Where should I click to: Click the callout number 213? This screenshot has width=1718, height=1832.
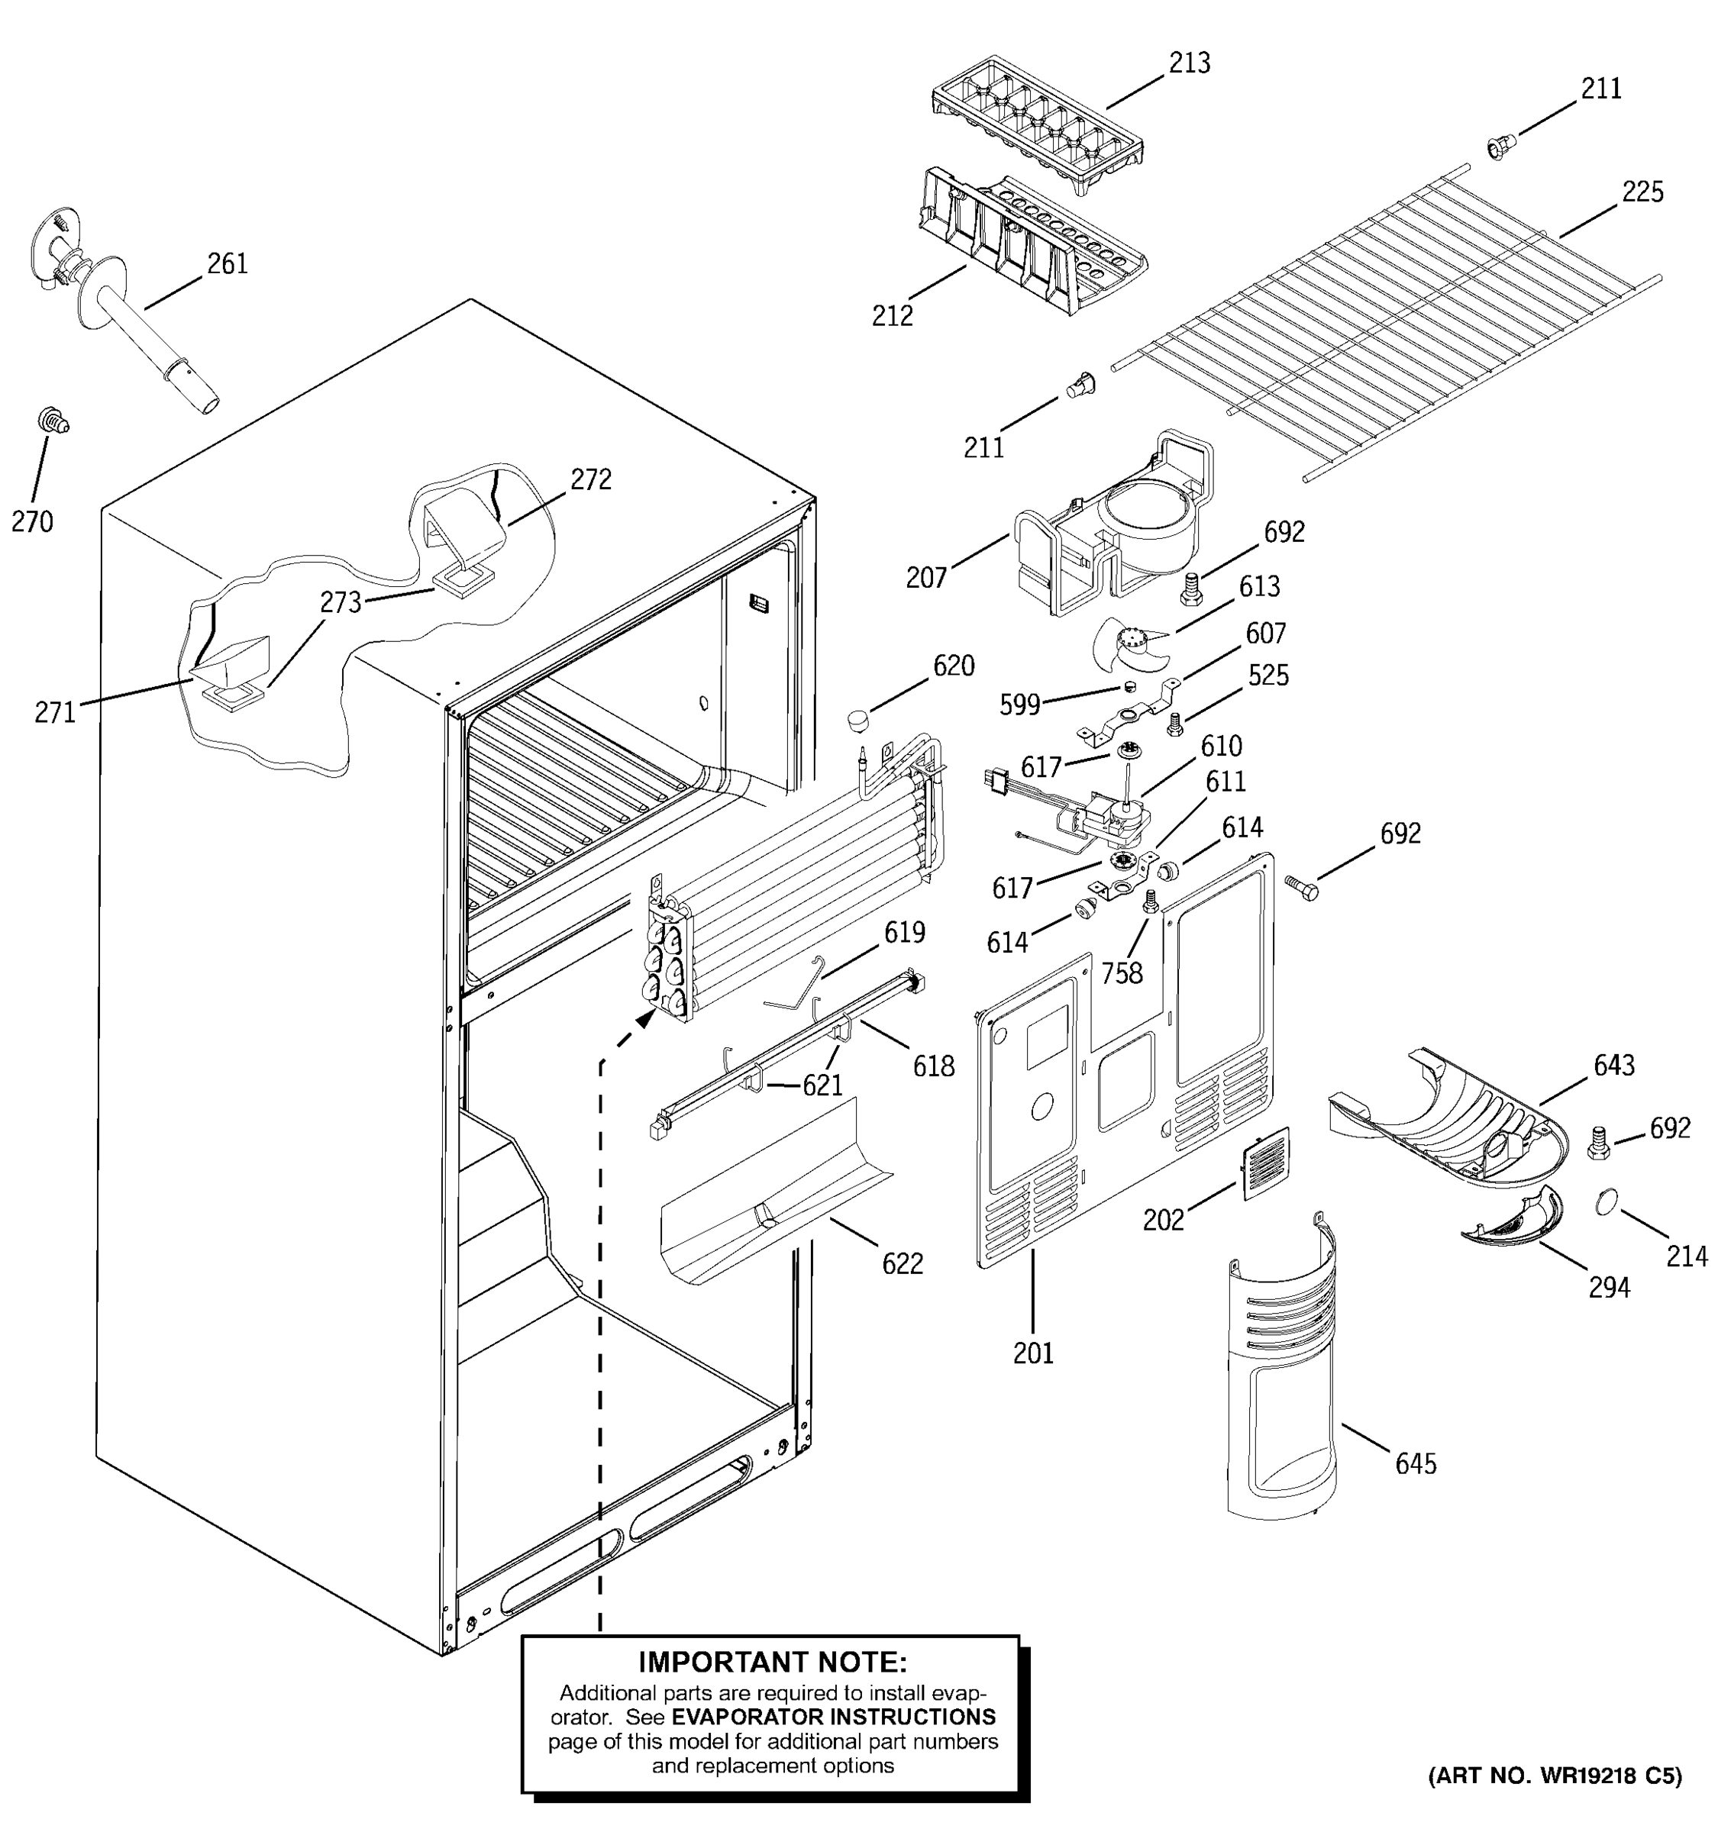pos(1189,63)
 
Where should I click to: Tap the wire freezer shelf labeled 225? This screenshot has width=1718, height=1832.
pos(1383,323)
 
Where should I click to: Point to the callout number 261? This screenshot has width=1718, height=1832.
pos(227,263)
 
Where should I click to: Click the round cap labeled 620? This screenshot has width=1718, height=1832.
pos(859,719)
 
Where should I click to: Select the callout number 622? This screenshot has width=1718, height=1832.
pos(902,1263)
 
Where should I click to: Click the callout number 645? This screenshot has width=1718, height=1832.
pos(1416,1463)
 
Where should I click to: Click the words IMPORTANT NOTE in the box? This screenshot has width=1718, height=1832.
pos(773,1662)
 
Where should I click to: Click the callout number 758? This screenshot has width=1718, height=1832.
pos(1122,973)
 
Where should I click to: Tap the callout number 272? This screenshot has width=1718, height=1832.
pos(591,479)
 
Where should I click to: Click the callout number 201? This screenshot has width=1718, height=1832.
pos(1032,1353)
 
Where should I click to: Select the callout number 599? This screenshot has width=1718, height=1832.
pos(1019,705)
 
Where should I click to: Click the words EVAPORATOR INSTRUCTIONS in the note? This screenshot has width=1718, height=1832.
pos(833,1717)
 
